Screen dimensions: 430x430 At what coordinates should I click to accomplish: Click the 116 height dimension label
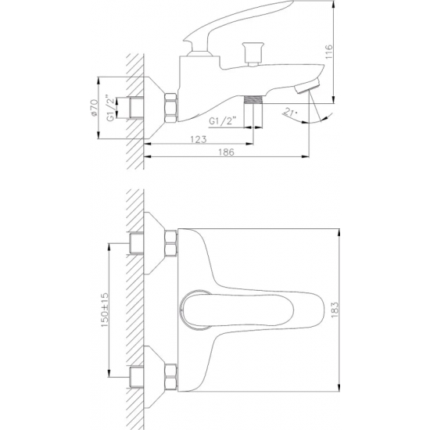point(328,52)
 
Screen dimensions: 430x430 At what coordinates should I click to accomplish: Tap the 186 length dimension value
point(226,152)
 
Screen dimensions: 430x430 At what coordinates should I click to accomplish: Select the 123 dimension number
point(199,139)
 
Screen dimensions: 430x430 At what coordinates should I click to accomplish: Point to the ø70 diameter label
point(94,108)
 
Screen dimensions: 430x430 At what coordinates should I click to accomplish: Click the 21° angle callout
point(290,112)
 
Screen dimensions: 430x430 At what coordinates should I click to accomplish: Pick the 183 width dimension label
point(335,310)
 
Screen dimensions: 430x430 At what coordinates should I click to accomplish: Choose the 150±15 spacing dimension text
point(105,310)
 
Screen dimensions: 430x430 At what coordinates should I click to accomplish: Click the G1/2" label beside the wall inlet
point(110,108)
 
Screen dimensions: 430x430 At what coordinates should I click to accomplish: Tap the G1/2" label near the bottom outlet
point(222,121)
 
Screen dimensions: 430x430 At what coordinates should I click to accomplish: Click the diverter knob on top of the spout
point(253,54)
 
